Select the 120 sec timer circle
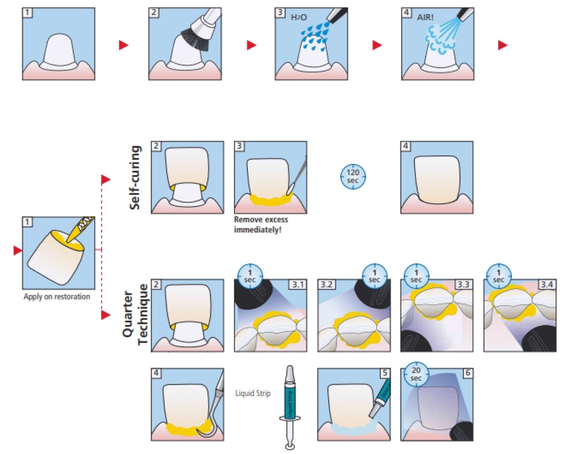click(353, 177)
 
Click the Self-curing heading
click(135, 177)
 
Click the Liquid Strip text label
click(253, 393)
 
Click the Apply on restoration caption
click(57, 297)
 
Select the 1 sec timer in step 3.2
click(374, 276)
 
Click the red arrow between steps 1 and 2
click(124, 45)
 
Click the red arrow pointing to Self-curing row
click(106, 180)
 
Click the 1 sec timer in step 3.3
click(416, 276)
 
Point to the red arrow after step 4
click(502, 45)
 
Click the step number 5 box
click(385, 373)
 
